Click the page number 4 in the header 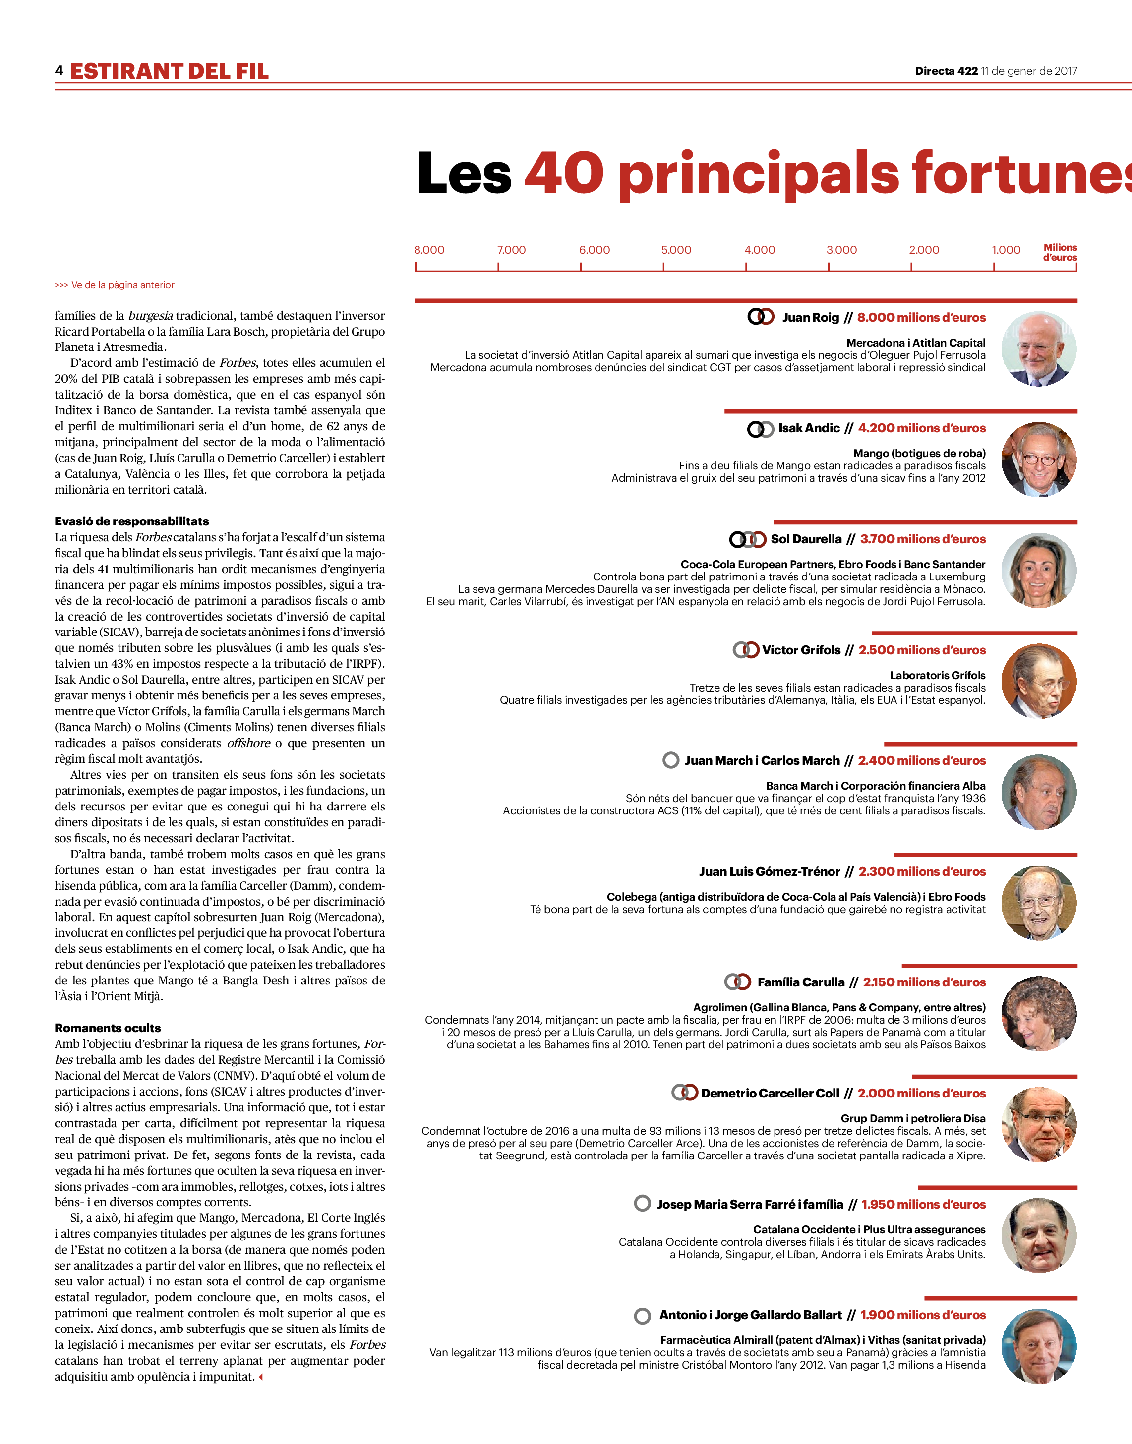pos(59,70)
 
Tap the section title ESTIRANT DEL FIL pos(170,71)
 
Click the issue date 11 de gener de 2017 pos(1029,71)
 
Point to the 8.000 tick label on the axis pos(429,250)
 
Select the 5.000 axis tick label pos(676,250)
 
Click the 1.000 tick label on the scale pos(1006,250)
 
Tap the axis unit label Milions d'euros pos(1060,252)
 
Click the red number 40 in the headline pos(564,173)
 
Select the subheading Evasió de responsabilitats pos(131,521)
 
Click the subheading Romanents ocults pos(108,1028)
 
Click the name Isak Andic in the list pos(809,428)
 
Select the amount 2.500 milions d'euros pos(922,650)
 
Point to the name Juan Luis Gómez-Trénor pos(769,871)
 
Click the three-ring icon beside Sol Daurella pos(748,539)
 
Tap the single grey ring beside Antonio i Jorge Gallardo pos(642,1316)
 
